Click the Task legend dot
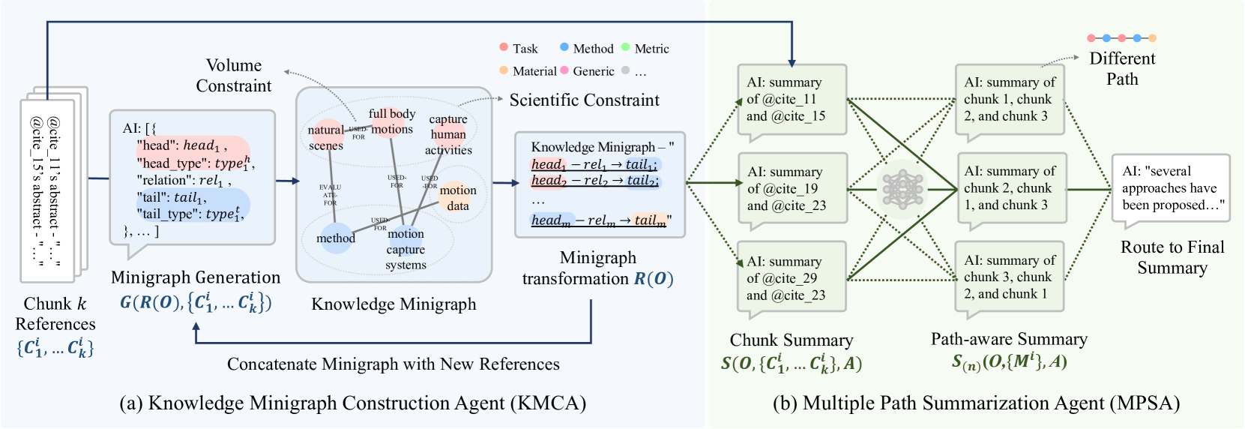click(x=504, y=47)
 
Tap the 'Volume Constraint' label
click(x=234, y=76)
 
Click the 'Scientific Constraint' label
click(x=585, y=100)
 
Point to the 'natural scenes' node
click(x=326, y=137)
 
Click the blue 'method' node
click(x=336, y=238)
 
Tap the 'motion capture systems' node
click(x=406, y=249)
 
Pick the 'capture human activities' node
click(x=448, y=135)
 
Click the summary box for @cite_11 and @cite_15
click(x=792, y=100)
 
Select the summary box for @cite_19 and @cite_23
click(x=792, y=189)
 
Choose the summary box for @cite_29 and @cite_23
click(x=792, y=278)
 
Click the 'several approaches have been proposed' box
click(x=1171, y=188)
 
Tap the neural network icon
click(x=902, y=188)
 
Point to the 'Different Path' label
click(x=1122, y=69)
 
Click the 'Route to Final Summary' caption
click(x=1172, y=257)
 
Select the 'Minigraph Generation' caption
click(x=196, y=278)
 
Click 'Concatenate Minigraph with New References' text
click(x=393, y=364)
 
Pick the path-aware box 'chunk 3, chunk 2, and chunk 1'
click(x=1010, y=277)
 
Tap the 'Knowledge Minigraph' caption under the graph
click(x=394, y=304)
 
